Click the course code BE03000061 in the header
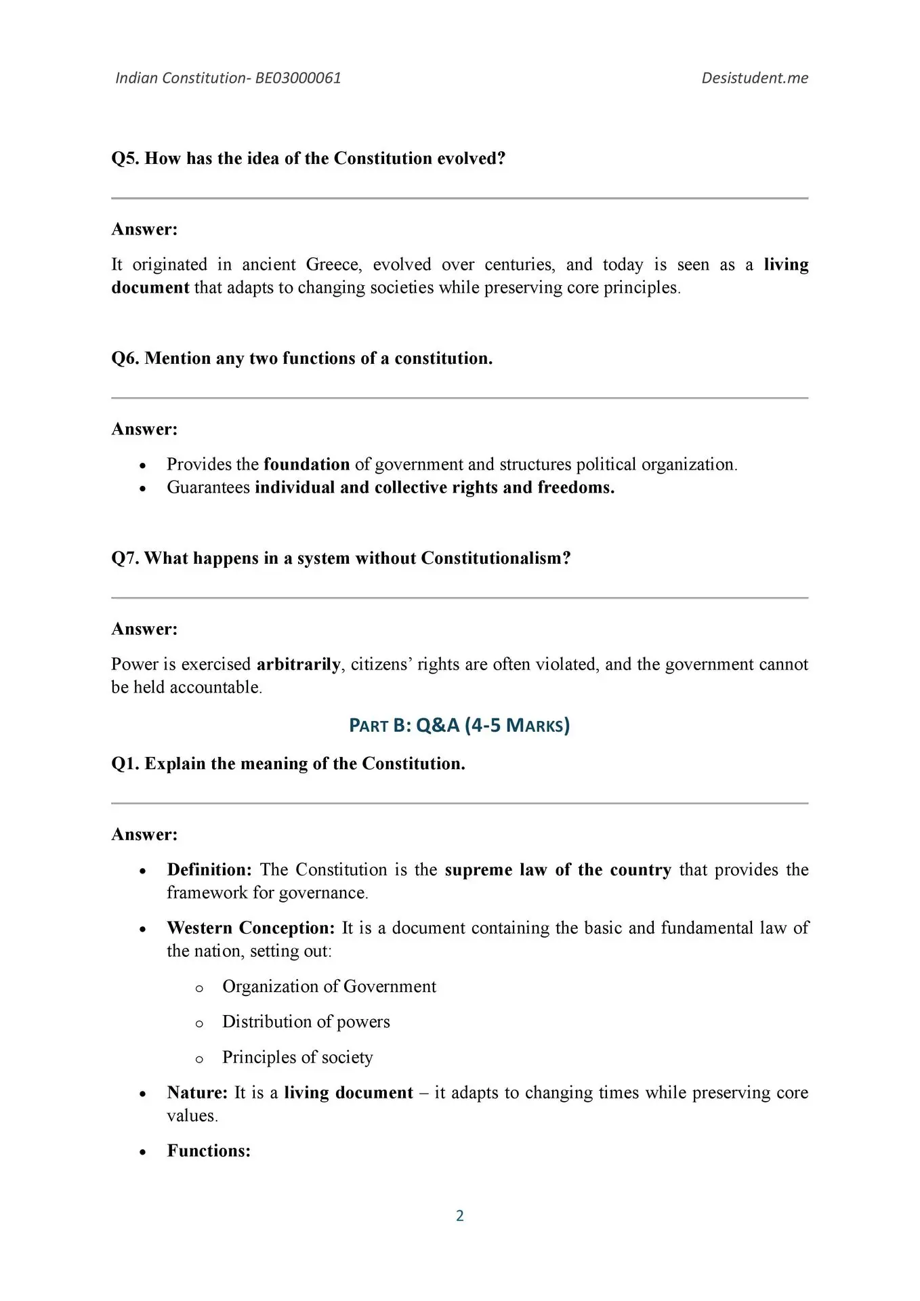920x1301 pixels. coord(298,78)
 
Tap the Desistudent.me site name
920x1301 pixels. coord(755,78)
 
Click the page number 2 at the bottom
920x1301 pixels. coord(460,1216)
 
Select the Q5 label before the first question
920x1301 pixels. coord(125,159)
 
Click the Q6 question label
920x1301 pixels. coord(125,358)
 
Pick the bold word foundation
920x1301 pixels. coord(306,464)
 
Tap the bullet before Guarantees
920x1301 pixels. coord(142,488)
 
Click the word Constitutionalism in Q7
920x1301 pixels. coord(495,558)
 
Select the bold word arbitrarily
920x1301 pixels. coord(298,664)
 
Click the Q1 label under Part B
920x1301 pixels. coord(125,764)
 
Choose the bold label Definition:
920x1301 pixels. coord(209,869)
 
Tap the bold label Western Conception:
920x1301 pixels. coord(251,928)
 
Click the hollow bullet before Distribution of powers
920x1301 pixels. coord(199,1023)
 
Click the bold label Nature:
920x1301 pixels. coord(197,1092)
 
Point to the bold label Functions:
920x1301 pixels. coord(209,1151)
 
